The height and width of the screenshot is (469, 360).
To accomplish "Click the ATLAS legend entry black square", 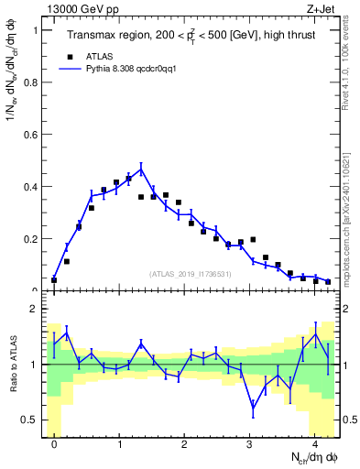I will tap(68, 55).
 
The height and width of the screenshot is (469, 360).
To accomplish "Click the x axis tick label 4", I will tap(315, 441).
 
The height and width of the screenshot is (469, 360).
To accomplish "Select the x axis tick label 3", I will tap(250, 441).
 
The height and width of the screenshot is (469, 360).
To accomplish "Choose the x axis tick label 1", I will tap(120, 441).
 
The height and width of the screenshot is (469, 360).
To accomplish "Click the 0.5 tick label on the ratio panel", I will tap(32, 420).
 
